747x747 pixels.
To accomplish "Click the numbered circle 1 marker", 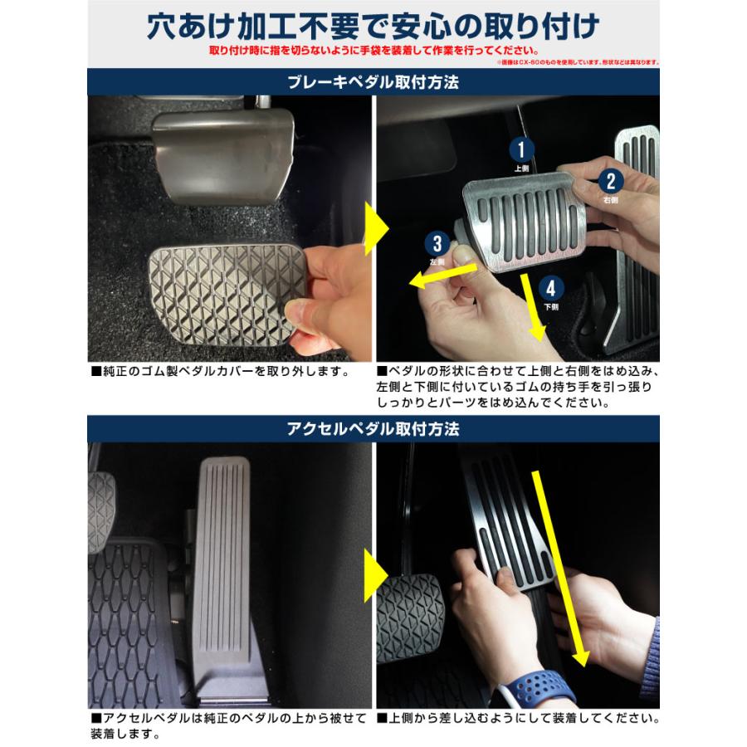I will (x=520, y=149).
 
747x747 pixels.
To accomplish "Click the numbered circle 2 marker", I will (x=611, y=182).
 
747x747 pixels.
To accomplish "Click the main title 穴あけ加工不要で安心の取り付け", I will (x=373, y=25).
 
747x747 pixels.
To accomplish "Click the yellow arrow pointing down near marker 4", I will (x=534, y=306).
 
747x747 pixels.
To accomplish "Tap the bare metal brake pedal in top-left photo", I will (x=222, y=154).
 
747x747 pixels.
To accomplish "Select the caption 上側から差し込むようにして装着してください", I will (x=518, y=716).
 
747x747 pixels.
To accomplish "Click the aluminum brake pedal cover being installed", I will (x=524, y=219).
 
